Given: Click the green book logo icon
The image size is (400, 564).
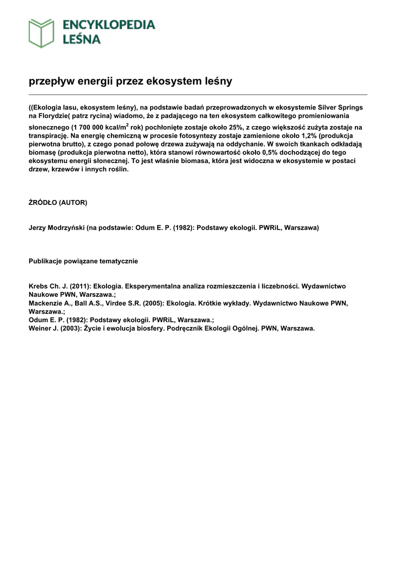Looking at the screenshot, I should (41, 33).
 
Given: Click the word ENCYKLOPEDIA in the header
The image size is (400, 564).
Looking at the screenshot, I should (109, 25).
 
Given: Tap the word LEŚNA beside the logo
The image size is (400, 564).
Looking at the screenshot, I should (81, 39).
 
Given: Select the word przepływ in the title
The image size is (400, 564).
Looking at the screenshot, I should (51, 82).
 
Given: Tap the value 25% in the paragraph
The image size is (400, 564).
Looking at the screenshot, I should (223, 127).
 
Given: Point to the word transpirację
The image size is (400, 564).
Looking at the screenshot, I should (48, 135).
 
